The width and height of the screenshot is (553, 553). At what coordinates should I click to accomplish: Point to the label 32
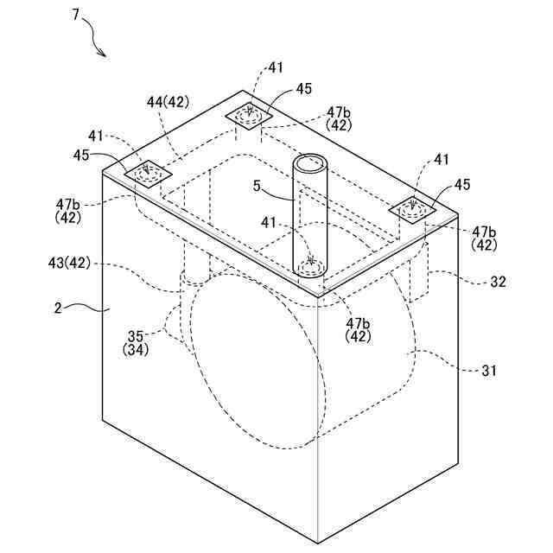point(499,282)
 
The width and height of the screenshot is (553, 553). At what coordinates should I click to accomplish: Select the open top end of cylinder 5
point(310,162)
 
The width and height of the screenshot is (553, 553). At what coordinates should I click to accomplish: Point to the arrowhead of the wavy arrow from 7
point(105,55)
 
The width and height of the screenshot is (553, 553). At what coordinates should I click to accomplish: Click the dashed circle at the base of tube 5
point(310,263)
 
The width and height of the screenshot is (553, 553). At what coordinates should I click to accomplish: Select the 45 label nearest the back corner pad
point(303,88)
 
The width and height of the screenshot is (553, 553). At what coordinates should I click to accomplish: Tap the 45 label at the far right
point(462,185)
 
